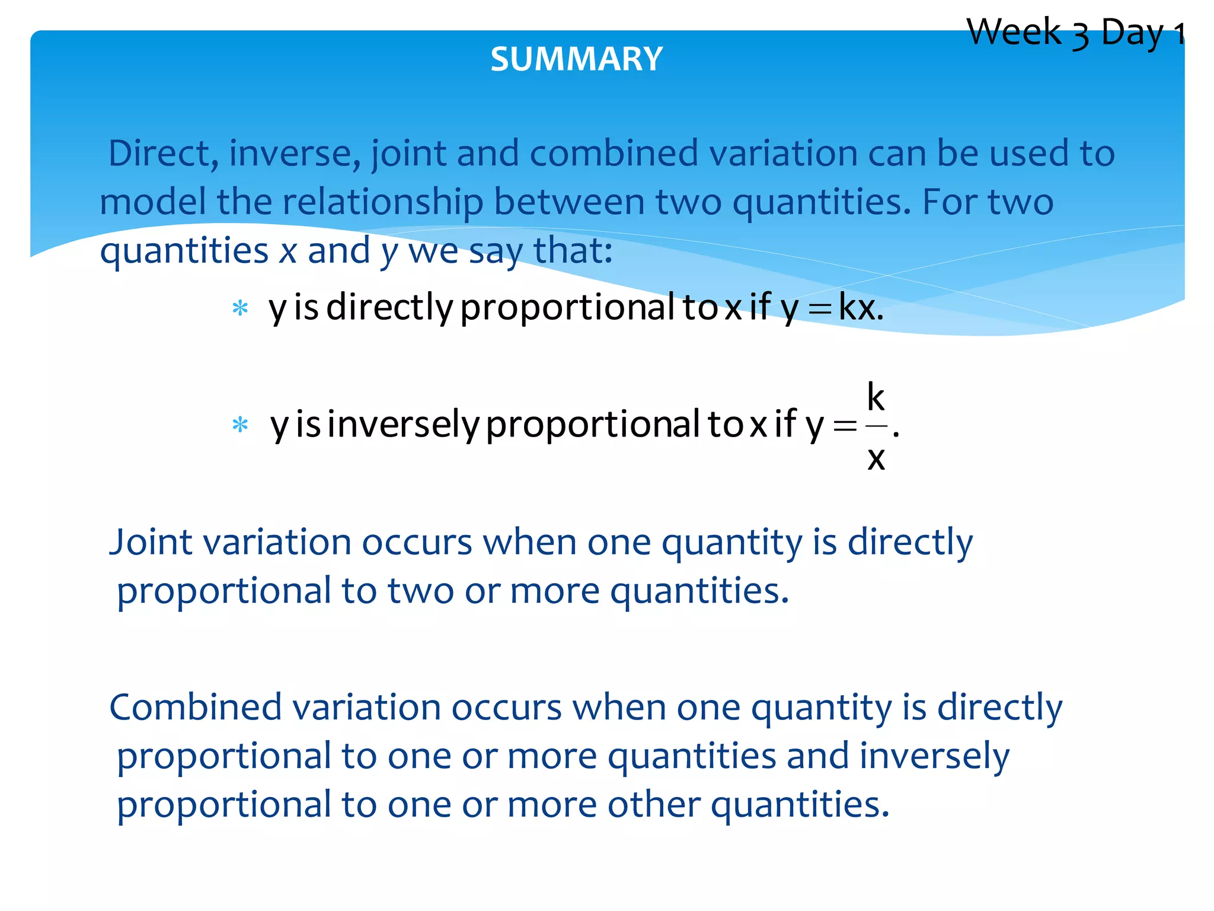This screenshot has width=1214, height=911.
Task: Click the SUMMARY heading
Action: click(576, 59)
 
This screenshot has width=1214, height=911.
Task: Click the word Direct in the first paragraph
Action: click(159, 153)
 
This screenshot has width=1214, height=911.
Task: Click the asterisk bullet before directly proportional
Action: click(240, 308)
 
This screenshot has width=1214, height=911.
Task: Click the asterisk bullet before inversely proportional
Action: click(240, 425)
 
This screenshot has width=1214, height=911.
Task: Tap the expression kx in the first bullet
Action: click(857, 308)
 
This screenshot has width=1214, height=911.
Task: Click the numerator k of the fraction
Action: click(876, 397)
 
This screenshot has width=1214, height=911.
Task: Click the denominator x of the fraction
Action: click(876, 458)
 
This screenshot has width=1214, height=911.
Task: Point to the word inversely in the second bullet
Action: click(403, 425)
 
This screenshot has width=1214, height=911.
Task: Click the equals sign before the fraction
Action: click(845, 425)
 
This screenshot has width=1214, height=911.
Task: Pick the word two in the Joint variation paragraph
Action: click(421, 591)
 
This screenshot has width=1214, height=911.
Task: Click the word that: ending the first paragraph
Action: click(573, 250)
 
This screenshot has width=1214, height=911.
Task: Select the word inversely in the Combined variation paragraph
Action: click(934, 756)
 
